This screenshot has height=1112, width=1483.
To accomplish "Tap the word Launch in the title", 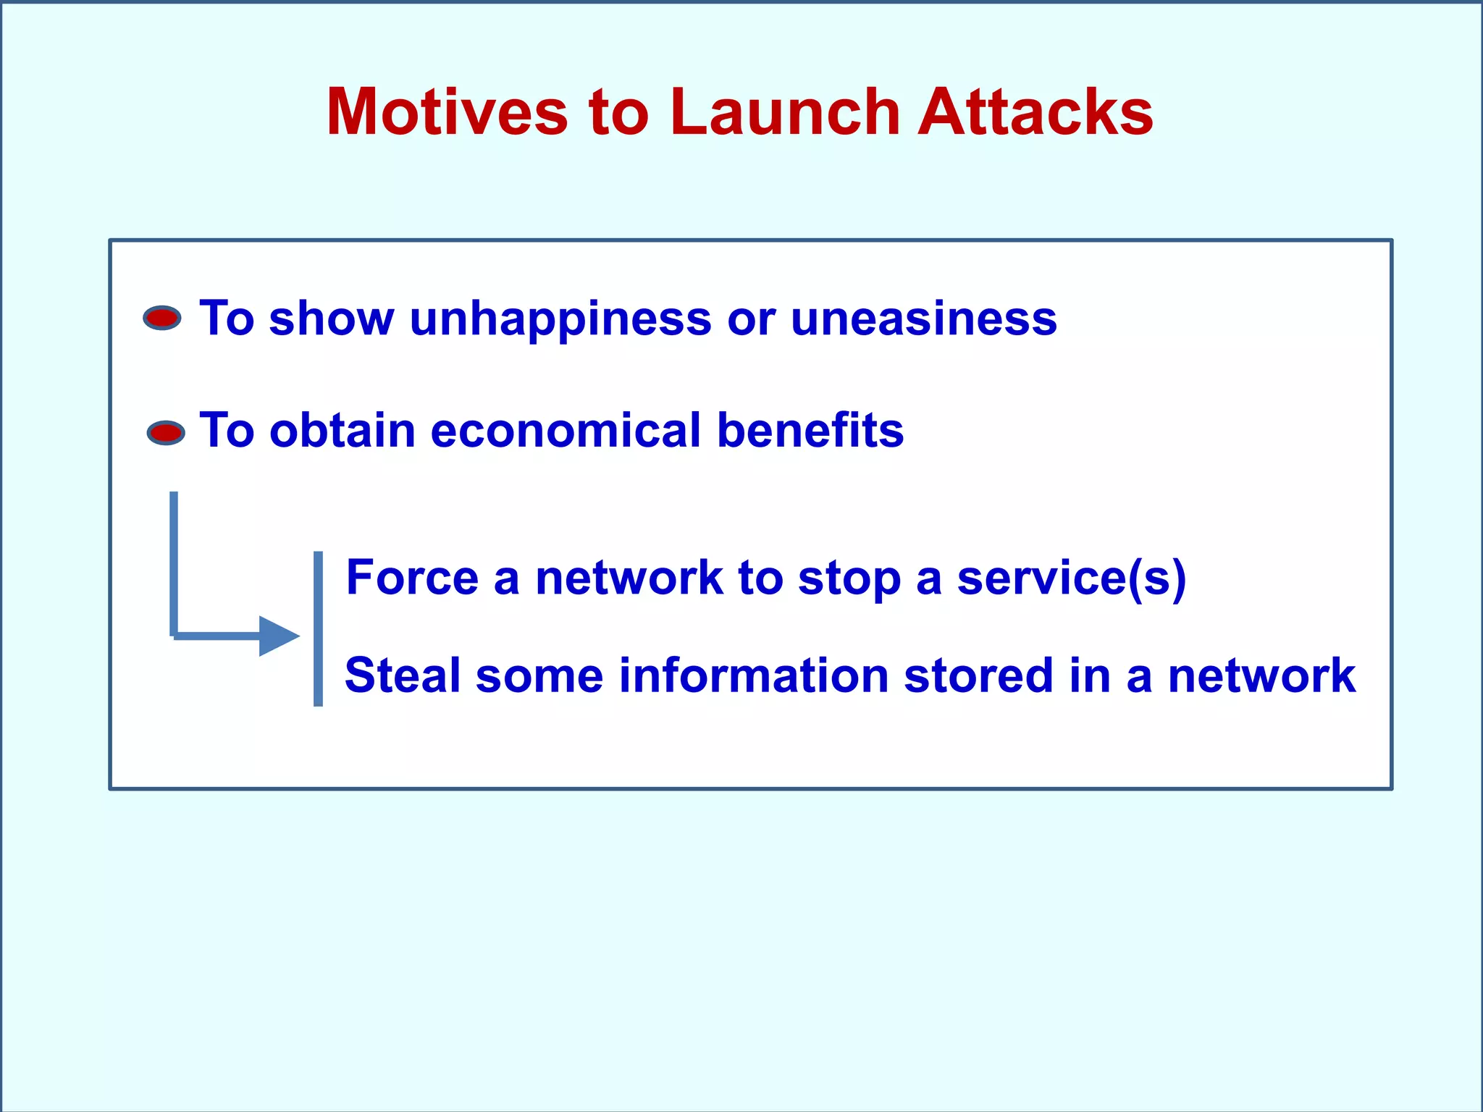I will pos(785,112).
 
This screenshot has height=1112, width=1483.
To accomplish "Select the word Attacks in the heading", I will pos(1035,112).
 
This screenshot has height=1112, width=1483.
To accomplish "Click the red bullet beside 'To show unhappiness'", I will pos(162,318).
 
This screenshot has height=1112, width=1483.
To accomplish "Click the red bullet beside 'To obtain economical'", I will pos(166,433).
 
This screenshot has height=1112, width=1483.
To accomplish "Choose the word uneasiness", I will pos(923,319).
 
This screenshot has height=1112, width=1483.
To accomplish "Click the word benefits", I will pos(810,431).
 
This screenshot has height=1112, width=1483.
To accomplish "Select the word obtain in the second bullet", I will pos(342,431).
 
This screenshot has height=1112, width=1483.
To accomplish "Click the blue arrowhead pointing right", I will pos(279,636).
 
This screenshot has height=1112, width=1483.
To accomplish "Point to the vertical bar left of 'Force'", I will pos(318,628).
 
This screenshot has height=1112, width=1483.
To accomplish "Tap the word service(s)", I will pos(1071,579).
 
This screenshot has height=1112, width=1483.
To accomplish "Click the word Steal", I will pos(403,675).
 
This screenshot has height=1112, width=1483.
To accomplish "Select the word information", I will pos(754,675).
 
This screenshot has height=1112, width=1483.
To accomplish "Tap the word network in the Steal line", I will pos(1261,675).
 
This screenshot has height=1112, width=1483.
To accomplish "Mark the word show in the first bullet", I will pos(331,319).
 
